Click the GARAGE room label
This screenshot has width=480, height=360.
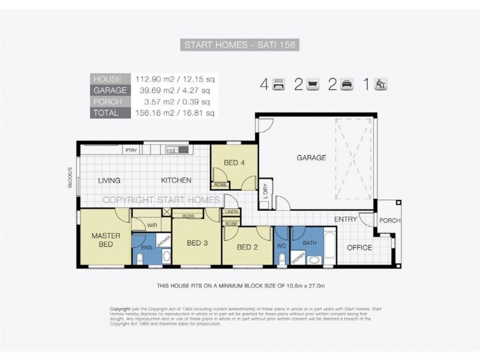(311, 158)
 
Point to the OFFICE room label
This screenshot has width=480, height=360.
(359, 247)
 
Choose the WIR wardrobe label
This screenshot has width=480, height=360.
(152, 226)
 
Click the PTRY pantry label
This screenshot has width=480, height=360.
(131, 150)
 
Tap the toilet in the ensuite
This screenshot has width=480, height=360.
(140, 259)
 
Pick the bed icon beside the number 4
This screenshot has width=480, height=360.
(278, 85)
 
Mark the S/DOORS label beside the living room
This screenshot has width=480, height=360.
(70, 178)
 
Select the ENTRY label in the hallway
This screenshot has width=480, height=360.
(345, 220)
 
